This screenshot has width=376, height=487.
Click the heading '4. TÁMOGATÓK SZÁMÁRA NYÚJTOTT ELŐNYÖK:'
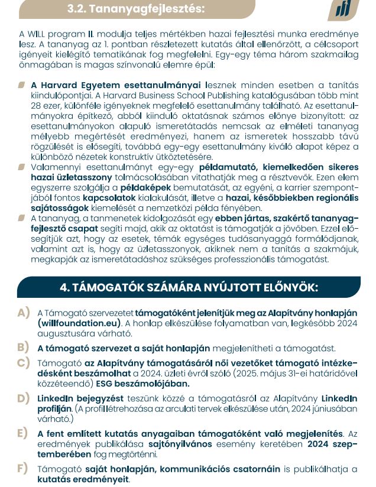[189, 287]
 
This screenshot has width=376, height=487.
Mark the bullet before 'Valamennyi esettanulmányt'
[22, 167]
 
